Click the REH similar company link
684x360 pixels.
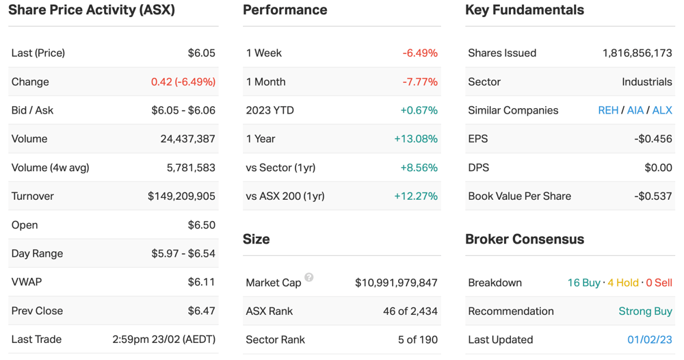pyautogui.click(x=608, y=110)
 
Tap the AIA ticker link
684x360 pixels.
pyautogui.click(x=635, y=110)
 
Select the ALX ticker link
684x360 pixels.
pyautogui.click(x=662, y=110)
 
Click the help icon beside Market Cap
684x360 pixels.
pyautogui.click(x=309, y=277)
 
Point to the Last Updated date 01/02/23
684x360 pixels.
pyautogui.click(x=650, y=339)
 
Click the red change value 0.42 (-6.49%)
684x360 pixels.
pyautogui.click(x=183, y=81)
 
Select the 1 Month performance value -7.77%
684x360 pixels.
pyautogui.click(x=420, y=81)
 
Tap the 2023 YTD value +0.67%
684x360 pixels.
pyautogui.click(x=419, y=110)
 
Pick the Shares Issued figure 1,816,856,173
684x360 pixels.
pyautogui.click(x=637, y=53)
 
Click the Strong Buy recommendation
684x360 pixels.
pyautogui.click(x=645, y=311)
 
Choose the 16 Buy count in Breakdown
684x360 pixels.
pyautogui.click(x=583, y=283)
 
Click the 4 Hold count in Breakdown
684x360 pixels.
pyautogui.click(x=623, y=283)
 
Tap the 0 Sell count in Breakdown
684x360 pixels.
pyautogui.click(x=659, y=283)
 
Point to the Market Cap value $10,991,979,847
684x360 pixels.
pyautogui.click(x=396, y=283)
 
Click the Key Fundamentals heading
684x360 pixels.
pyautogui.click(x=525, y=10)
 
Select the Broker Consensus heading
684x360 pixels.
pyautogui.click(x=525, y=239)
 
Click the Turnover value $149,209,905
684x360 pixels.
pyautogui.click(x=181, y=196)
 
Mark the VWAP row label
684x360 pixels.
pyautogui.click(x=27, y=282)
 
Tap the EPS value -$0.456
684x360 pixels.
pyautogui.click(x=653, y=139)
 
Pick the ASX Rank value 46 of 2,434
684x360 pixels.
pyautogui.click(x=410, y=311)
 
